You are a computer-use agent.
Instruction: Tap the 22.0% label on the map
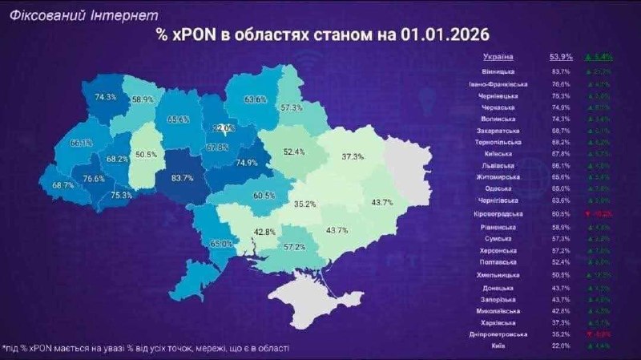[x=224, y=128]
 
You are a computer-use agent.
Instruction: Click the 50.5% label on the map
[x=146, y=154]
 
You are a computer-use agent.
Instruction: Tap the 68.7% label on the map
[x=62, y=186]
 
